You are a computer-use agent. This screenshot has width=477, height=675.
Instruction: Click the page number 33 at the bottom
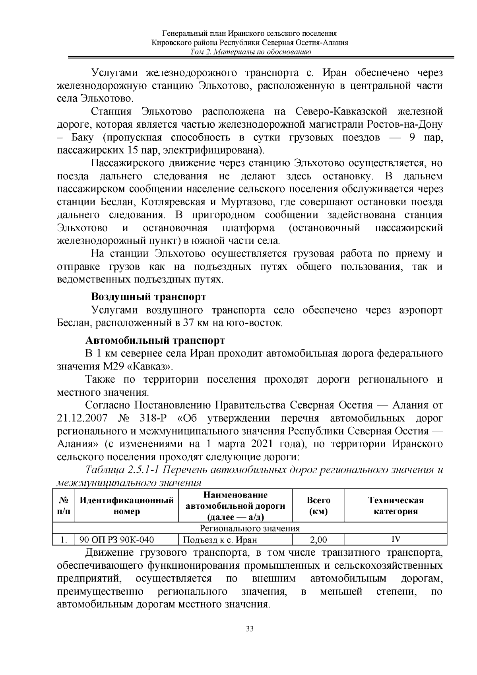tap(250, 629)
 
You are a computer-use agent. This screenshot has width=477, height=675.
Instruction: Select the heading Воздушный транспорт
tap(149, 297)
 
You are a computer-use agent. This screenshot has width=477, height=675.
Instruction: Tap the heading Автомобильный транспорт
tap(155, 340)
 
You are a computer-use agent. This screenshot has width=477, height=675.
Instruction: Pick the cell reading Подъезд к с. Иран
tap(220, 540)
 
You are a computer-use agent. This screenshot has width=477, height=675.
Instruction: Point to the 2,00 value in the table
tap(318, 540)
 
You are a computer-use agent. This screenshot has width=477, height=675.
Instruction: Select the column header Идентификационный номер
tap(127, 506)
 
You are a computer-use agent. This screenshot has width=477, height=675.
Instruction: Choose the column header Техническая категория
tap(396, 506)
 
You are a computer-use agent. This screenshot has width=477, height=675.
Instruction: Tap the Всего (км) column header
tap(318, 506)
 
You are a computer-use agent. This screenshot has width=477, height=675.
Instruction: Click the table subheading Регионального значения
tap(250, 529)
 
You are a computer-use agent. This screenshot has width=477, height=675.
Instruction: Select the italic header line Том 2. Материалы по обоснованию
tap(250, 52)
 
